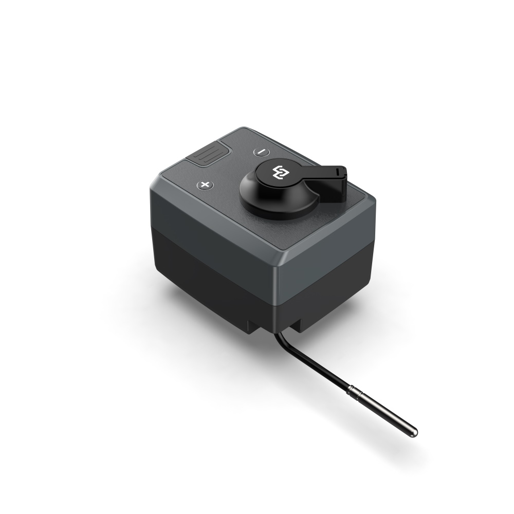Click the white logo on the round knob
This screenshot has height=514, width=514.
(x=282, y=173)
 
